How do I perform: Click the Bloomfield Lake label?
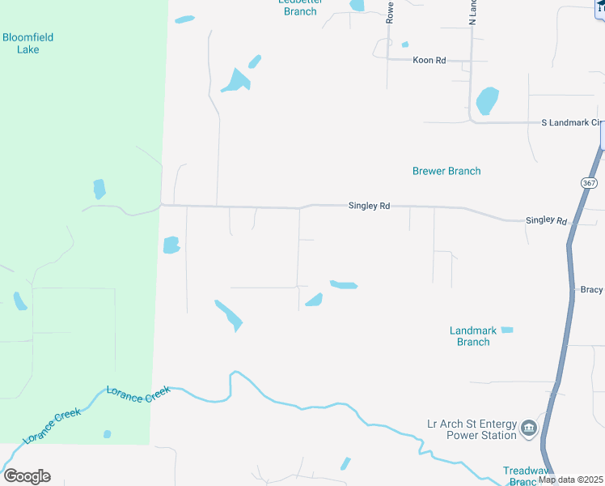tap(21, 43)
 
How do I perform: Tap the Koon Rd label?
tap(429, 60)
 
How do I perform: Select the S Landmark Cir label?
tap(572, 122)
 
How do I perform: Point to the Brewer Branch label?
tap(446, 171)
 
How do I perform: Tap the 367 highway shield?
tap(588, 184)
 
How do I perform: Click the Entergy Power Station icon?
tap(529, 428)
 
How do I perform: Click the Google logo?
tap(27, 476)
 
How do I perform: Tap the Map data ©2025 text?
tap(570, 480)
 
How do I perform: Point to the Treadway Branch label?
tap(526, 475)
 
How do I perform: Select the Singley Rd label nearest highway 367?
tap(546, 220)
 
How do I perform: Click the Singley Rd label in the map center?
tap(369, 207)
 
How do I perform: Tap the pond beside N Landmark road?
tap(487, 100)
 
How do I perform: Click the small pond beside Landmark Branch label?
tap(507, 330)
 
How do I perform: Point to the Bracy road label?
tap(592, 289)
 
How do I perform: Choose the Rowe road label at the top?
tap(389, 11)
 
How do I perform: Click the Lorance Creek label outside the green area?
tap(138, 394)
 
